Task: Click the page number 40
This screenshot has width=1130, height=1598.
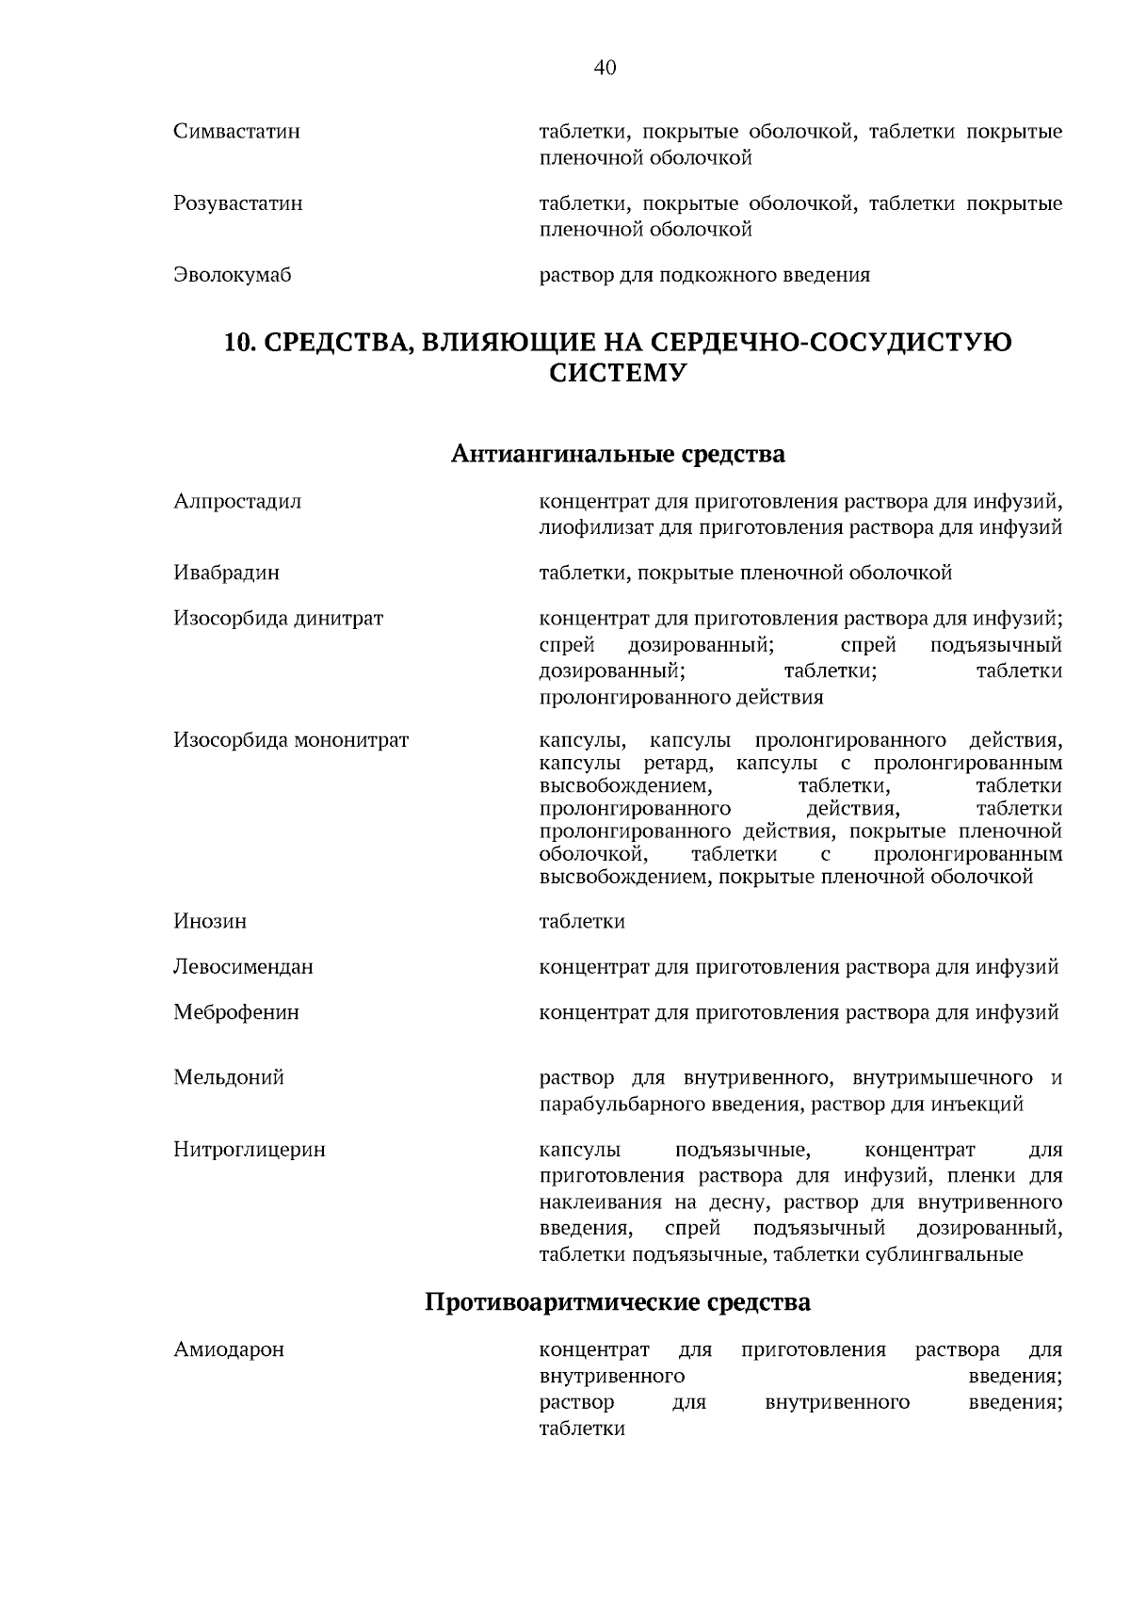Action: click(605, 68)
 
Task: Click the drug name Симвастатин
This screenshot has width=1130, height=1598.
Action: click(236, 132)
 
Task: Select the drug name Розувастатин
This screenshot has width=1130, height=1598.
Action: click(237, 203)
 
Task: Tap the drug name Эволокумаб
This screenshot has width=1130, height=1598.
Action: click(232, 275)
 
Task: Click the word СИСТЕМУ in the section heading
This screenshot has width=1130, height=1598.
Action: click(617, 374)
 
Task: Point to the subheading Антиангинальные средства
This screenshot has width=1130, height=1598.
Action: click(618, 455)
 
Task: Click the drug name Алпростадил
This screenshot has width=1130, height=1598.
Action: click(237, 501)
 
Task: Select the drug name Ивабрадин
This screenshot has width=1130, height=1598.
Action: click(226, 573)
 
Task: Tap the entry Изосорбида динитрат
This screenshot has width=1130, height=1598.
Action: click(278, 619)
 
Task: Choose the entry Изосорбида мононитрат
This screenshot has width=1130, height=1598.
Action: click(291, 740)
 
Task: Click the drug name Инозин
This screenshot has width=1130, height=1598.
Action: click(210, 921)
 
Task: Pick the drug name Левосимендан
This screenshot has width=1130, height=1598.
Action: click(243, 967)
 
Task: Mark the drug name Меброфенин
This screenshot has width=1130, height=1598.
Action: click(236, 1012)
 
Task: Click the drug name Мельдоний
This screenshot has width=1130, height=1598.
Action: click(228, 1077)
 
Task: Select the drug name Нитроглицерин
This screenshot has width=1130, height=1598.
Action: click(249, 1150)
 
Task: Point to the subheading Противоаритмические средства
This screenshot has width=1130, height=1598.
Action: click(618, 1303)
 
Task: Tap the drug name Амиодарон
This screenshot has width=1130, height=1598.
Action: click(228, 1350)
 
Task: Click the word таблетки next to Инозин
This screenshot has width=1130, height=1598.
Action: click(581, 921)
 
